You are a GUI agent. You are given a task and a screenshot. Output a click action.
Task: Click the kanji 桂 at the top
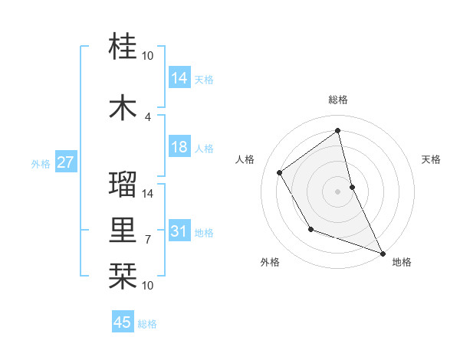(123, 47)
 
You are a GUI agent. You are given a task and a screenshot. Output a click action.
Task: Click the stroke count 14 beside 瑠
(149, 193)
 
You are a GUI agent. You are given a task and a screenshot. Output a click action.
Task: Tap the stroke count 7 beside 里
(148, 239)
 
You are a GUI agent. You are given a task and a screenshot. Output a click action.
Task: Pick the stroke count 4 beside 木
(148, 116)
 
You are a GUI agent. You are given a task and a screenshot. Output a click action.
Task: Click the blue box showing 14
(179, 77)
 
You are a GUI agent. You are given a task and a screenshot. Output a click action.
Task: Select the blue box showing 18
(179, 147)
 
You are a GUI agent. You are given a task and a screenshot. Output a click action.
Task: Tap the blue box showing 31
(179, 231)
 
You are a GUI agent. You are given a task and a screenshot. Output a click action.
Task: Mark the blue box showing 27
(65, 162)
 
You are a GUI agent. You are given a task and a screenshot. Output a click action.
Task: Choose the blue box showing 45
(123, 322)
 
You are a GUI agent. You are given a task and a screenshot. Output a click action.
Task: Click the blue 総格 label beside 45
(147, 324)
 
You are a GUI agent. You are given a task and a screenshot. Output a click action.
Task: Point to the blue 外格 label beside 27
(41, 163)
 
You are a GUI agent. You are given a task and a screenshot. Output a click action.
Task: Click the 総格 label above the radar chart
(337, 100)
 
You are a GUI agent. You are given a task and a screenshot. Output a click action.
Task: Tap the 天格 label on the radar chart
(431, 159)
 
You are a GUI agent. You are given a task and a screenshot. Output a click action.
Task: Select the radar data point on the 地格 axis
(383, 253)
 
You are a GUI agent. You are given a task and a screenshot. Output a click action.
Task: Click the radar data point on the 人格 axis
(280, 173)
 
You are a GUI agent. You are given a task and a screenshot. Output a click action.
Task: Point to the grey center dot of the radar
(337, 191)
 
